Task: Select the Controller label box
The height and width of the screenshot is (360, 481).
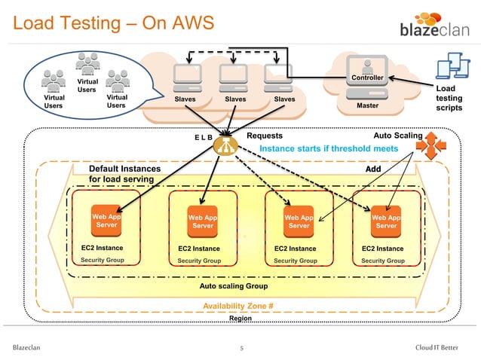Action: pos(367,78)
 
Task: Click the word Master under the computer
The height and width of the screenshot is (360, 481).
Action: pos(367,105)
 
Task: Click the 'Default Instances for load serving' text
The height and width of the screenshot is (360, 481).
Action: pos(124,175)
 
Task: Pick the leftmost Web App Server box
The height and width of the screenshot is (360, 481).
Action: pos(106,220)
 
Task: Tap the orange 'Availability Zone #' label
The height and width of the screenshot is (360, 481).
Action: pos(237,306)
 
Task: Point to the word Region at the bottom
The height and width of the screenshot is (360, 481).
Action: pos(240,319)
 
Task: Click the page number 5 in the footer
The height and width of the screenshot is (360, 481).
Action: pos(241,347)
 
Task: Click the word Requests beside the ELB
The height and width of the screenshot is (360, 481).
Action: pos(265,137)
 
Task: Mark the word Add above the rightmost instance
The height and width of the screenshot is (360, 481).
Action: pos(373,169)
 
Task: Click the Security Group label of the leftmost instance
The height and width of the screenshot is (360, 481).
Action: pos(103,260)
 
